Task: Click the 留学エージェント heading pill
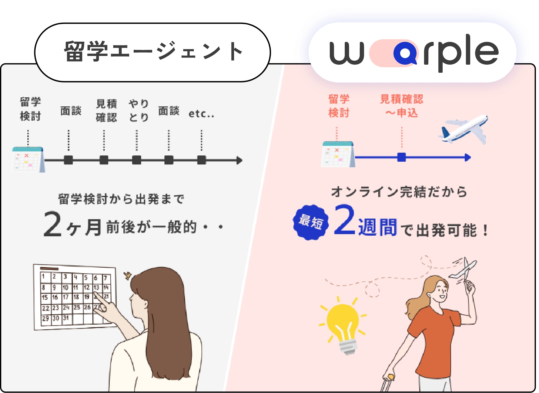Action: coord(152,52)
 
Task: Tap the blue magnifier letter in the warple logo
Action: coord(405,53)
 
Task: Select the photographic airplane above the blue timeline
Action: coord(463,129)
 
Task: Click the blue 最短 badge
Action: coord(311,222)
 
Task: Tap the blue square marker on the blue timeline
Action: coord(402,157)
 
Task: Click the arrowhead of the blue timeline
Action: coord(468,158)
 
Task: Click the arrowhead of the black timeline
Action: coord(239,160)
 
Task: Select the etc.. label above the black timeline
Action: coord(201,114)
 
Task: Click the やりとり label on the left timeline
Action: coord(139,111)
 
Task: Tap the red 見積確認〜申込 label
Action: coord(402,106)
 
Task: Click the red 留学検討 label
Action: coord(339,106)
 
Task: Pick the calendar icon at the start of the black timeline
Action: coord(28,160)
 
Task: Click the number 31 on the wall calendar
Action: coord(66,318)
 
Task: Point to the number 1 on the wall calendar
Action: coord(44,276)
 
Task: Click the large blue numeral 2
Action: coord(344,220)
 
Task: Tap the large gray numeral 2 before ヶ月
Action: coord(53,224)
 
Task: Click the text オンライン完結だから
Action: coord(399,192)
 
